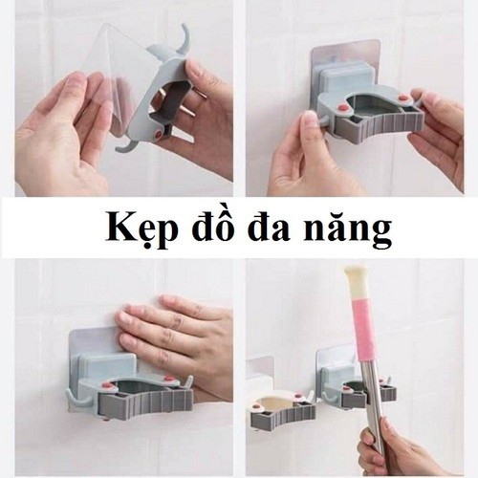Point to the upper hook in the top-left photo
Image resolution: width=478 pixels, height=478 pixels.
click(x=181, y=39)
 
